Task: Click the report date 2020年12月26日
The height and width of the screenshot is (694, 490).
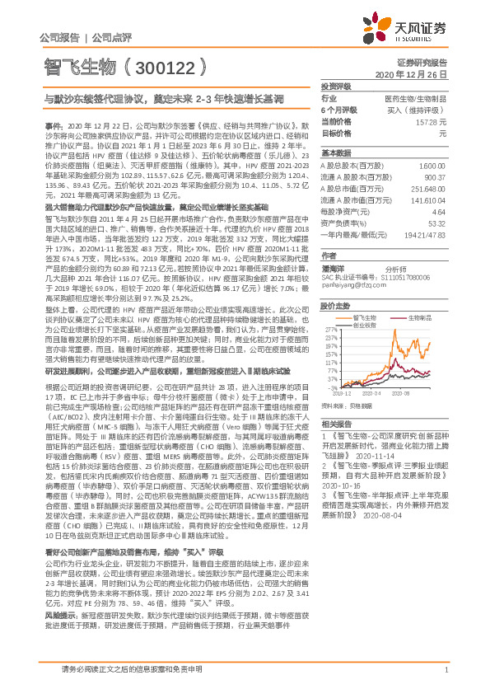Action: tap(415, 74)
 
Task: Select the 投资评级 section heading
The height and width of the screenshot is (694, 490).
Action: tap(336, 86)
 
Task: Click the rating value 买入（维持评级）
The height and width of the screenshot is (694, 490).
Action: tap(418, 110)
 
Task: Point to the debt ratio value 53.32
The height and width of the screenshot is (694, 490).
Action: tap(437, 223)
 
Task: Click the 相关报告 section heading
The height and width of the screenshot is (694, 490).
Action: tap(336, 421)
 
